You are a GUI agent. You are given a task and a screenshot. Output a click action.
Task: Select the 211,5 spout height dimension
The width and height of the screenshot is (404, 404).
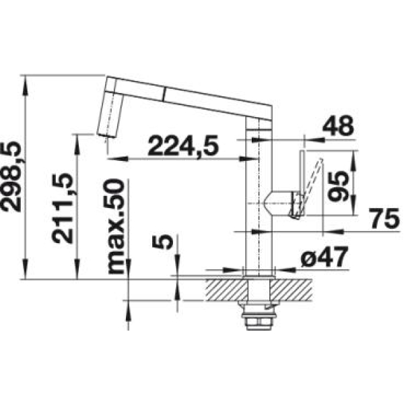[62, 208]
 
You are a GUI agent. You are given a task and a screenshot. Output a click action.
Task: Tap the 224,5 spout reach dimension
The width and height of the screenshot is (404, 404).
[183, 146]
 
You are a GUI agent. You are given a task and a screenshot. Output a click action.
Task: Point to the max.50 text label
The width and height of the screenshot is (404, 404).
[116, 226]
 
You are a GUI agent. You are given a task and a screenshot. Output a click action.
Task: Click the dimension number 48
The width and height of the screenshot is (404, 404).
[338, 126]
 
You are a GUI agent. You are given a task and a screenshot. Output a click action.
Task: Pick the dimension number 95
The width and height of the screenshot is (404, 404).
[338, 186]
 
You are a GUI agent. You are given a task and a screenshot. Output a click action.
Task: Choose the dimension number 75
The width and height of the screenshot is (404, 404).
[384, 218]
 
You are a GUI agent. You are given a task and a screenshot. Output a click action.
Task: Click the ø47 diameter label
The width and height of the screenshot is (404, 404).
[324, 257]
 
